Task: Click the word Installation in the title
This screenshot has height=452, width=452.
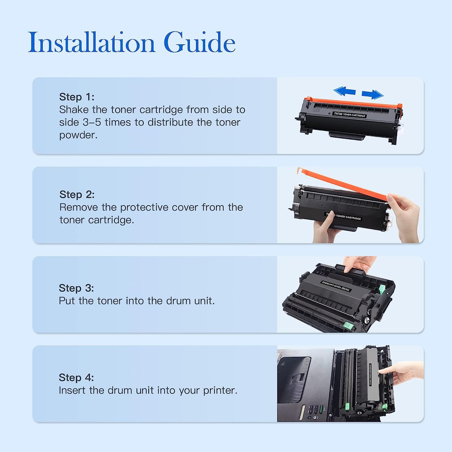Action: pos(91,42)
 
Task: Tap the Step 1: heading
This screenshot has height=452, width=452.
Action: pos(77,97)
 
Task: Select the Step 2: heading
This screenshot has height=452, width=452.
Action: pos(77,194)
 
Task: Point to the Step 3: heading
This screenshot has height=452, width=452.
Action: pos(76,288)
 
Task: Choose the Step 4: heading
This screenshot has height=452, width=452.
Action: pos(76,378)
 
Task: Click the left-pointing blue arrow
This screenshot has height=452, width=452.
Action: pos(344,91)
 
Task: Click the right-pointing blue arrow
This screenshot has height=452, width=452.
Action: pos(372,94)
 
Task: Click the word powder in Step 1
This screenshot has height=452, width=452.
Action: pos(77,135)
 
